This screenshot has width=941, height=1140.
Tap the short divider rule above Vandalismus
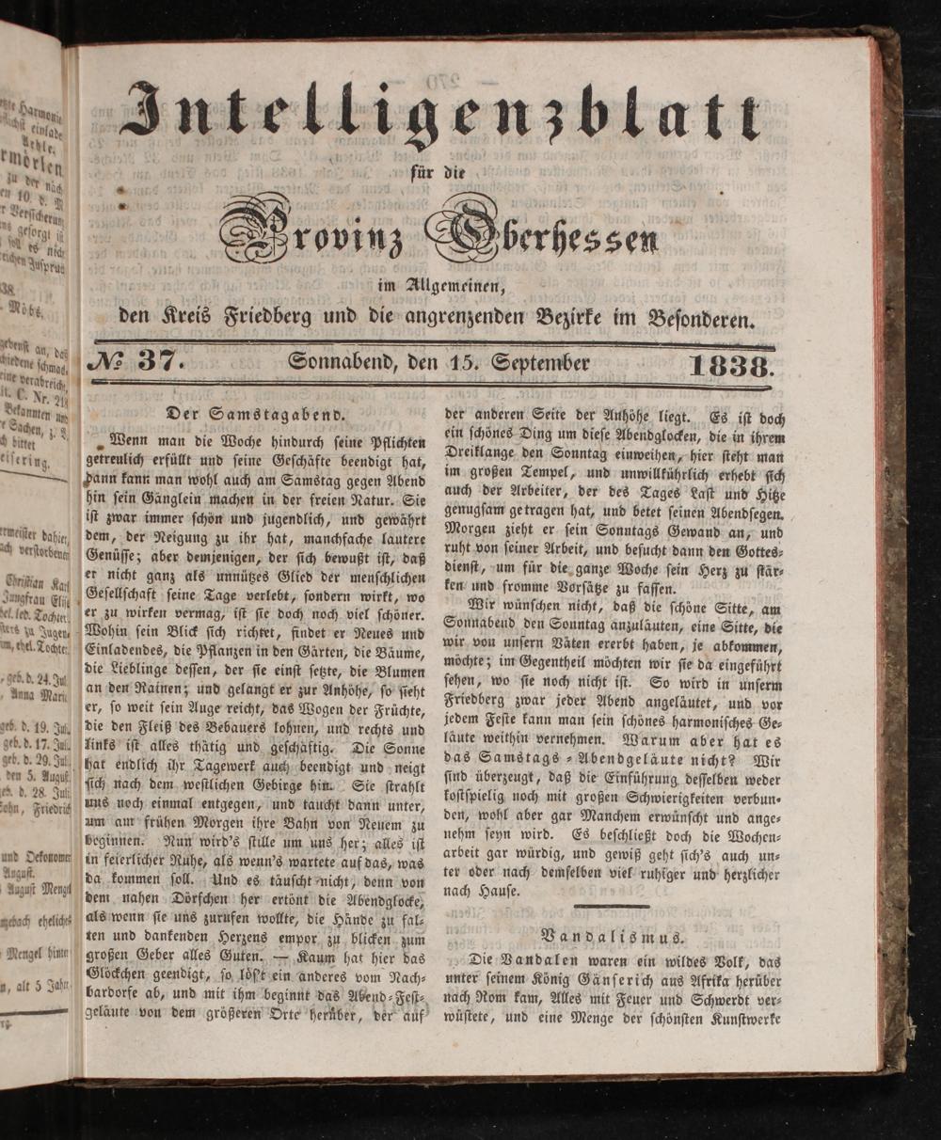(x=612, y=906)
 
